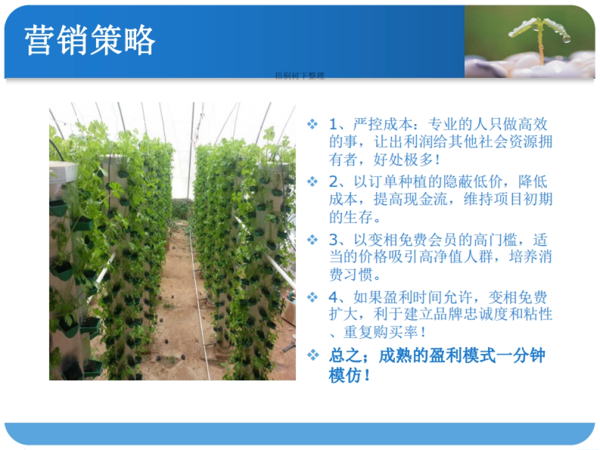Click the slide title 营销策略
click(x=90, y=40)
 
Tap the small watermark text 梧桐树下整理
click(x=299, y=76)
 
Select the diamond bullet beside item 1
click(x=312, y=123)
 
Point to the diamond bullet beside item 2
click(x=312, y=181)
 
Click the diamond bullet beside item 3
click(x=312, y=239)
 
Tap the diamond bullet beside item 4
click(x=312, y=297)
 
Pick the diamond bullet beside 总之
click(x=313, y=355)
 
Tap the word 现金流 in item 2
click(x=441, y=199)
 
